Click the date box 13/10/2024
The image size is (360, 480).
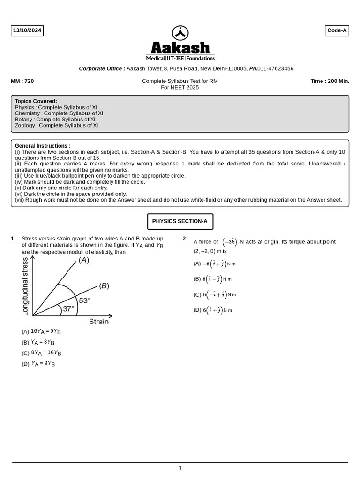[x=27, y=31]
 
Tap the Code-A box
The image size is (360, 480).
[x=337, y=31]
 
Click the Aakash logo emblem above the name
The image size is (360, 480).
[x=180, y=33]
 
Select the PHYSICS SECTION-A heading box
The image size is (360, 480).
[x=180, y=221]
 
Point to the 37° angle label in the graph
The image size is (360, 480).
[x=69, y=309]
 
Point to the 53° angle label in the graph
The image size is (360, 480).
[x=84, y=300]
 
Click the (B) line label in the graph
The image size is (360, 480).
[x=104, y=285]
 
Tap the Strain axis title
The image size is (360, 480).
[x=98, y=322]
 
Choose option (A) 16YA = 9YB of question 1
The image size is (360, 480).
[x=41, y=331]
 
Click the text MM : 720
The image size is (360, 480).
[x=22, y=81]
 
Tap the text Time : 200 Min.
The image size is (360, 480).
[x=330, y=81]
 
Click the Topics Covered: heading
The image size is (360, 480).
[x=36, y=101]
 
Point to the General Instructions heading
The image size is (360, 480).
[x=43, y=146]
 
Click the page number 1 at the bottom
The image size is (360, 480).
[x=180, y=468]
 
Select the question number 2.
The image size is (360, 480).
[x=185, y=239]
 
